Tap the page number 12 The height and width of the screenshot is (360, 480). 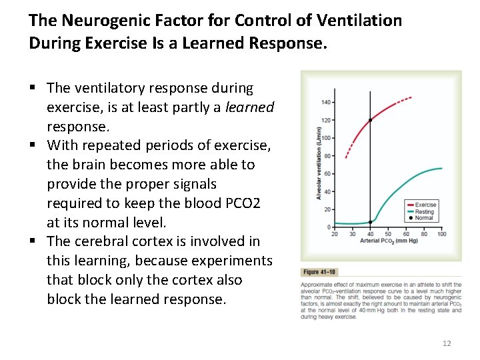(x=447, y=343)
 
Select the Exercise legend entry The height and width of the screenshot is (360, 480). (x=425, y=205)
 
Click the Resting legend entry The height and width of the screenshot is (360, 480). (x=424, y=211)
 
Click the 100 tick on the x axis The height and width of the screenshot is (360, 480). (x=441, y=234)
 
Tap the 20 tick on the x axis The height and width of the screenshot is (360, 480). (x=334, y=234)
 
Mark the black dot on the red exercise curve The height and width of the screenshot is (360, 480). (x=371, y=120)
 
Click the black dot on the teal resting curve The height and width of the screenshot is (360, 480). (x=371, y=222)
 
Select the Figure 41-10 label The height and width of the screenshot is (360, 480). (x=320, y=272)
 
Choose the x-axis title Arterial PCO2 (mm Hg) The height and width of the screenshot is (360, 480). (x=387, y=240)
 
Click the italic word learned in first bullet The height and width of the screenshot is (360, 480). (x=250, y=107)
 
